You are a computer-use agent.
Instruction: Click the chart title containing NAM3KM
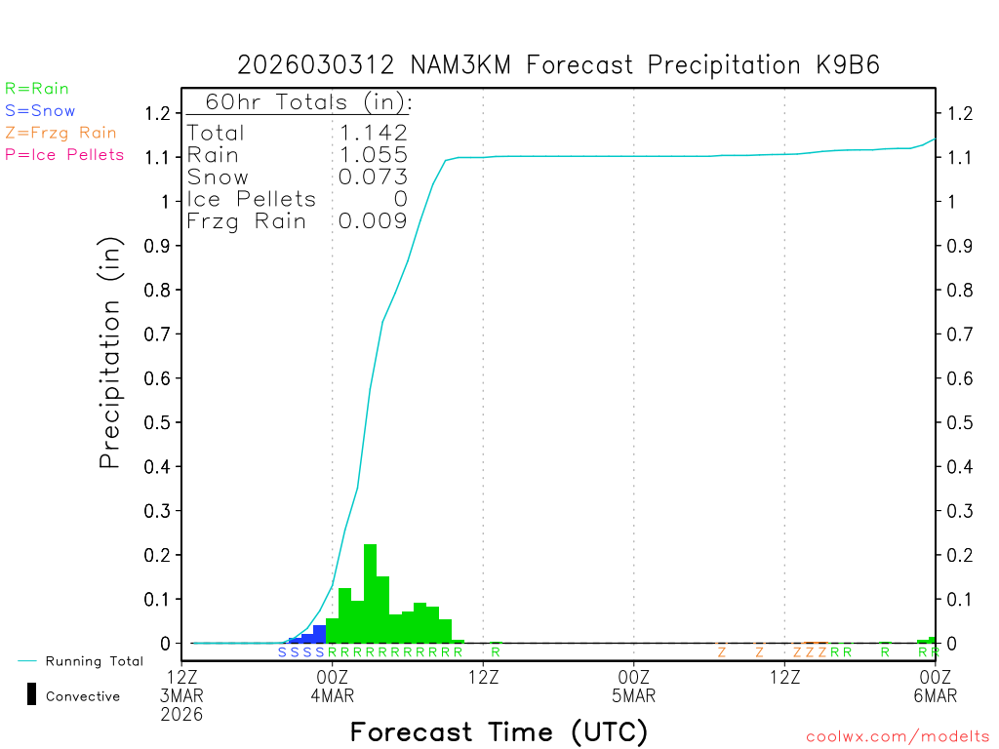coord(559,65)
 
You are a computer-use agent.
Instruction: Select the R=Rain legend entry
coord(37,89)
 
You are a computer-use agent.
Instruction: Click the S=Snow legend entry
coord(40,111)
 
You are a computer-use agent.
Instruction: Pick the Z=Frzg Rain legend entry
coord(60,133)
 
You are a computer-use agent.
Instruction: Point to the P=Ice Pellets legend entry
coord(64,154)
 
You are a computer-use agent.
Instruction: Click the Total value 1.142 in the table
coord(373,134)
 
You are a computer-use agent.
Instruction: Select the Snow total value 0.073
coord(373,177)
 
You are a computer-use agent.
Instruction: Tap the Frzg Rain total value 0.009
coord(373,221)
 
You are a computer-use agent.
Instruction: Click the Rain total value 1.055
coord(373,155)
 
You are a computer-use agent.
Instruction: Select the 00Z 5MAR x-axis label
coord(633,686)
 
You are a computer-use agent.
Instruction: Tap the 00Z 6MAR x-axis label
coord(936,686)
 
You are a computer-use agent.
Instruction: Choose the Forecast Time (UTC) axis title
coord(499,731)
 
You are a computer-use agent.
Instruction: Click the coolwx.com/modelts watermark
coord(898,737)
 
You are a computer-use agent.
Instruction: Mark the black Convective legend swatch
coord(32,694)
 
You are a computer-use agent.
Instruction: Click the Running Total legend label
coord(94,661)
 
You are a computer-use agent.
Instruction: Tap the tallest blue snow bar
coord(319,634)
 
